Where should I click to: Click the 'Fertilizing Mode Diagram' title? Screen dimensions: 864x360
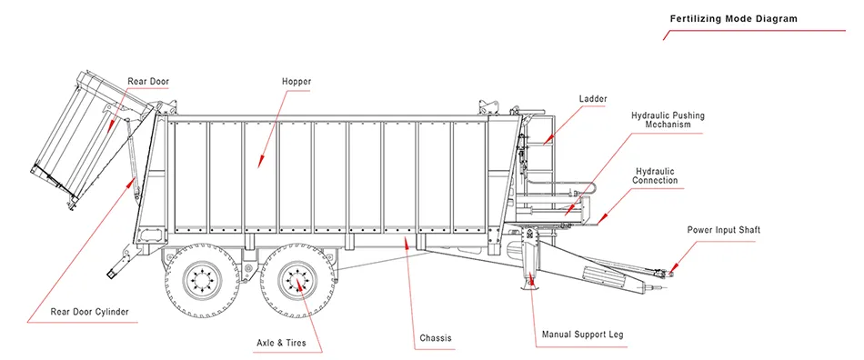click(x=733, y=19)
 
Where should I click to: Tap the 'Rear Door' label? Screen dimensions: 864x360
click(x=148, y=82)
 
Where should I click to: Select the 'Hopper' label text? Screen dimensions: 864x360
click(x=296, y=82)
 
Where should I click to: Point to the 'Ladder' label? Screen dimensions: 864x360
click(x=593, y=99)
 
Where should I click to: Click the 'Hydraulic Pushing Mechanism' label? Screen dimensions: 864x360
click(x=668, y=120)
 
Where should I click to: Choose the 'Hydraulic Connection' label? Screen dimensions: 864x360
click(x=655, y=176)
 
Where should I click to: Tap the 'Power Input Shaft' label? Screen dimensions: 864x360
click(x=724, y=229)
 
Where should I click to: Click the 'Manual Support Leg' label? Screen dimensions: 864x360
click(x=583, y=335)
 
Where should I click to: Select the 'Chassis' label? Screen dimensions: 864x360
click(x=436, y=337)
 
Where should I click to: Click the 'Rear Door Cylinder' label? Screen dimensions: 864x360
click(x=90, y=312)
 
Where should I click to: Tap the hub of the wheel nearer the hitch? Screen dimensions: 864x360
click(x=297, y=281)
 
